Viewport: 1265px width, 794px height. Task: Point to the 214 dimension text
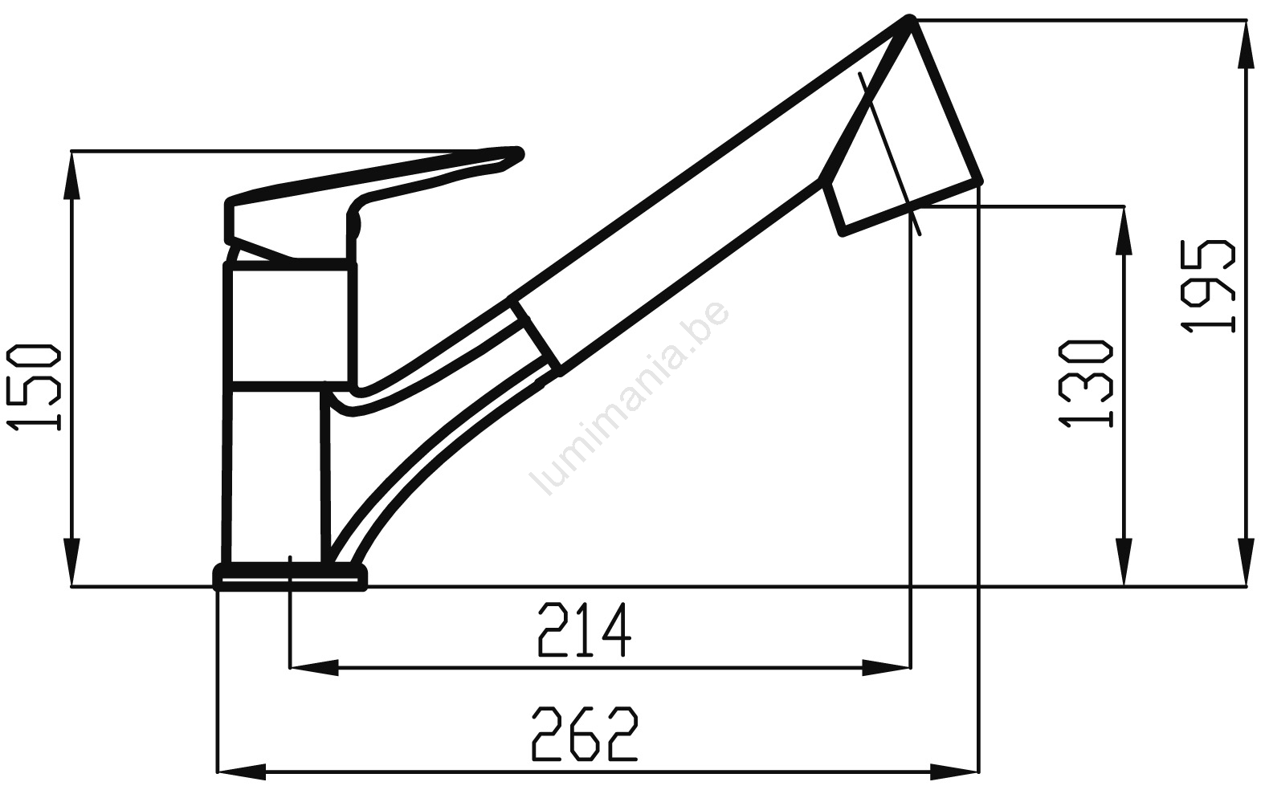click(585, 629)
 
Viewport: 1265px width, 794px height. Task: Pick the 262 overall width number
click(585, 733)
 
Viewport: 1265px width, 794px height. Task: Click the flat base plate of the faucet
click(290, 576)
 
